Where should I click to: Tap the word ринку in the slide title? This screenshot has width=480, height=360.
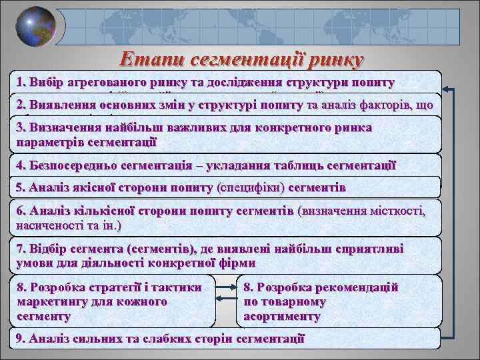tap(332, 60)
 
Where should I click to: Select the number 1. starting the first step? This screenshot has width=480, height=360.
tap(24, 83)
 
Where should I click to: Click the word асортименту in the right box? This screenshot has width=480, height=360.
tap(282, 317)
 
